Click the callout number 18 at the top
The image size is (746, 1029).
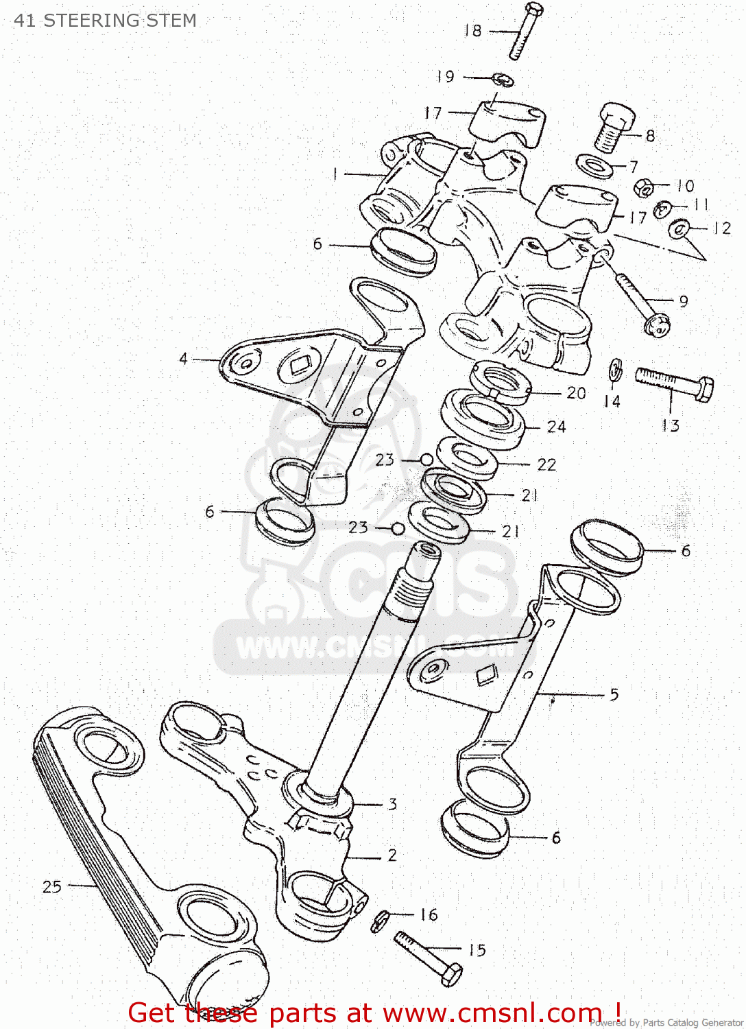pyautogui.click(x=473, y=31)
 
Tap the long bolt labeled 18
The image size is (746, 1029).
pyautogui.click(x=525, y=31)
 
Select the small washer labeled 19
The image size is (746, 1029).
pyautogui.click(x=505, y=80)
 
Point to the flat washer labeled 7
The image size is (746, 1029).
pyautogui.click(x=594, y=165)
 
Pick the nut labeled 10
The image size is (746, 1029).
pyautogui.click(x=643, y=187)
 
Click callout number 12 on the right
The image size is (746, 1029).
pyautogui.click(x=722, y=228)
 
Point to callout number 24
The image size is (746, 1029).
pyautogui.click(x=556, y=427)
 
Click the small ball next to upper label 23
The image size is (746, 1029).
pyautogui.click(x=426, y=460)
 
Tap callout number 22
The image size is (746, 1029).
pyautogui.click(x=546, y=465)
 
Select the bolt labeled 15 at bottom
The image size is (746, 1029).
pyautogui.click(x=429, y=958)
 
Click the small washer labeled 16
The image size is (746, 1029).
pyautogui.click(x=381, y=921)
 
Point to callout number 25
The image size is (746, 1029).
pyautogui.click(x=52, y=887)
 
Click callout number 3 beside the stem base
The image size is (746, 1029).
pyautogui.click(x=392, y=804)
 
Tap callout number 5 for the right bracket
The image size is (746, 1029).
pyautogui.click(x=614, y=694)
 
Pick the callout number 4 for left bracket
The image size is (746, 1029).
pyautogui.click(x=183, y=359)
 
